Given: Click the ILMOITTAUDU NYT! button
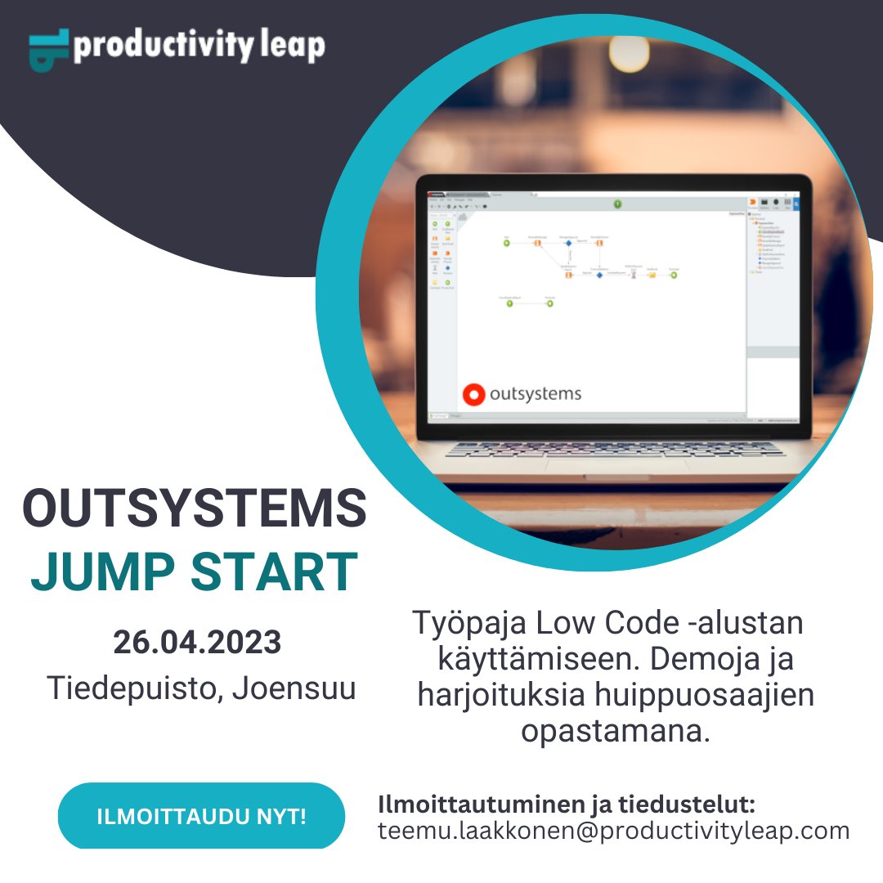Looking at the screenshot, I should [201, 816].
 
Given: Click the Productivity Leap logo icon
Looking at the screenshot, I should [49, 50].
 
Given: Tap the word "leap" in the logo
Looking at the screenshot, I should [293, 46].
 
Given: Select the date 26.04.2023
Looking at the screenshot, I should [197, 642].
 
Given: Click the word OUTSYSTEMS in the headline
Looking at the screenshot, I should [195, 509].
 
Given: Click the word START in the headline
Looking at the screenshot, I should [275, 571].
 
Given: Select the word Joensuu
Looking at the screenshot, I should [294, 688].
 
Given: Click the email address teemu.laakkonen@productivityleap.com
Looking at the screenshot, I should [613, 831].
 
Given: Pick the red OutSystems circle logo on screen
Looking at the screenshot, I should [473, 395].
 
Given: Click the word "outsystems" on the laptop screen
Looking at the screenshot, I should [536, 394].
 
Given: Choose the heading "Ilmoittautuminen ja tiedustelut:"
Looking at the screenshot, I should [567, 804].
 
